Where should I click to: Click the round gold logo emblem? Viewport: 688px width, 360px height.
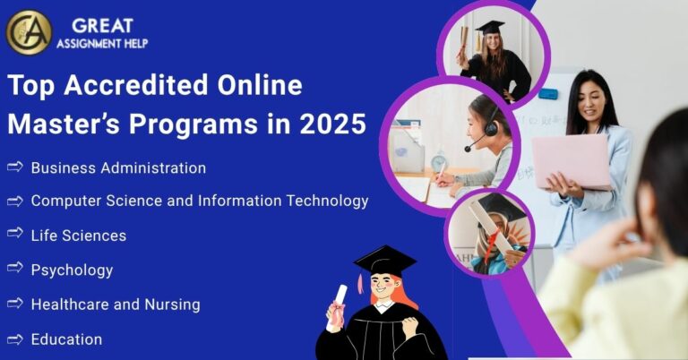click(29, 32)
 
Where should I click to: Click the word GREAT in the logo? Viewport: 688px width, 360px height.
click(103, 24)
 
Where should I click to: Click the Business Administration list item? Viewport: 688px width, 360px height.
click(118, 167)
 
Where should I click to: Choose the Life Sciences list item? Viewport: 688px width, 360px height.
click(78, 236)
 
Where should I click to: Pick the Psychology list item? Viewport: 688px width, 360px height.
click(72, 270)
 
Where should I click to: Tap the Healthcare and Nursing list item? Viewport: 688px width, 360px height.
click(116, 304)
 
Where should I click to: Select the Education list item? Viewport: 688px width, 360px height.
click(66, 339)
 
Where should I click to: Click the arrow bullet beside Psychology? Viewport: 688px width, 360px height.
click(14, 269)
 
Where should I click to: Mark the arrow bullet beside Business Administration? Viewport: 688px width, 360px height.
click(14, 167)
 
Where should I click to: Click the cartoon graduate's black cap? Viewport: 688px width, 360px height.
click(385, 260)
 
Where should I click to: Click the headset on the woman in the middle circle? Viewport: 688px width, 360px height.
click(491, 126)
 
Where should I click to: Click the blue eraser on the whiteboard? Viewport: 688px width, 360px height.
click(548, 94)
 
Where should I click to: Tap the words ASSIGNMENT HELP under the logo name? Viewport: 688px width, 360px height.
click(102, 43)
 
